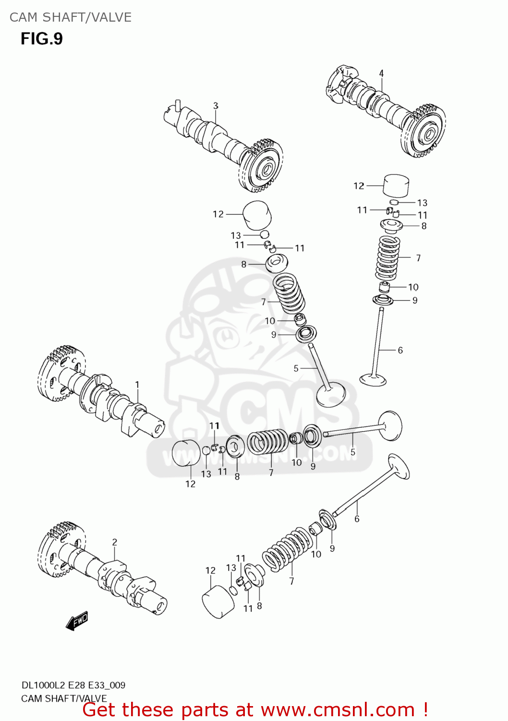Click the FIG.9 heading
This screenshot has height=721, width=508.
point(42,39)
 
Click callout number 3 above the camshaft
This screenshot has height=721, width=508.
point(216,106)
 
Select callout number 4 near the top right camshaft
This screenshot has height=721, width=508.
point(381,74)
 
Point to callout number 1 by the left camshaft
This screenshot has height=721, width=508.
point(137,385)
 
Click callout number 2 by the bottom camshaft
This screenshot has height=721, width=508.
point(114,542)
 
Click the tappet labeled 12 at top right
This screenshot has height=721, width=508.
point(396,186)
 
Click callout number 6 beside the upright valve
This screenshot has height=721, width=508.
point(400,350)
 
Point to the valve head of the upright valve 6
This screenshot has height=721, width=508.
point(373,380)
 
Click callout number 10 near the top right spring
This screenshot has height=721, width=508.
point(413,287)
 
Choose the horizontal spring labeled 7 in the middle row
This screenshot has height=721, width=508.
point(267,442)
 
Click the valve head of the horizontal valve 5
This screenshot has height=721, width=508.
point(390,425)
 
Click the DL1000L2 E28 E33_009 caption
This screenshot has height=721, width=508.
point(73,685)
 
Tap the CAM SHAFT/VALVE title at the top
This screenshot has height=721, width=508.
point(70,17)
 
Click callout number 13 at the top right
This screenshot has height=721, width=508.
point(422,203)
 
